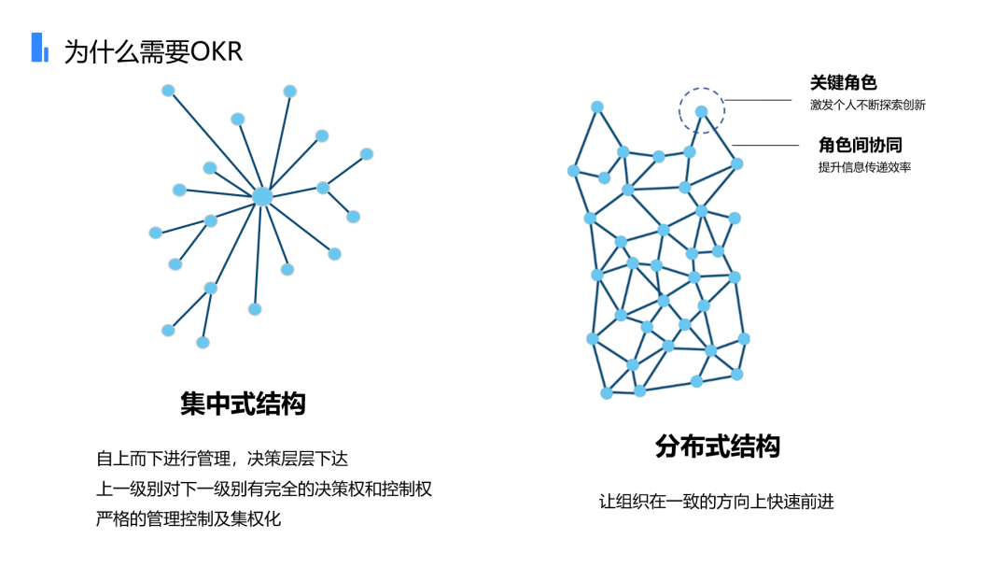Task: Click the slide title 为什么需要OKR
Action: click(153, 50)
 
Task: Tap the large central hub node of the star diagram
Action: click(262, 196)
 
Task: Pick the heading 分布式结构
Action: click(718, 446)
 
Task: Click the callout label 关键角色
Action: click(843, 83)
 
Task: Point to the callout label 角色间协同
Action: click(860, 145)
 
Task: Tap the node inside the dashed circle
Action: click(701, 111)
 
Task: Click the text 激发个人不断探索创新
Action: click(867, 106)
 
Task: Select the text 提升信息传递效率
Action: click(864, 167)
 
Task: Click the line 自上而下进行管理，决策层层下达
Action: click(222, 459)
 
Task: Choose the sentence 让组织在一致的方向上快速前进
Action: click(716, 502)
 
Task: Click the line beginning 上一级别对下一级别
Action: click(264, 489)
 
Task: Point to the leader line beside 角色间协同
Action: click(765, 145)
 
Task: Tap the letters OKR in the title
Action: click(216, 50)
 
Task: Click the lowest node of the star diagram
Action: click(203, 343)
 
